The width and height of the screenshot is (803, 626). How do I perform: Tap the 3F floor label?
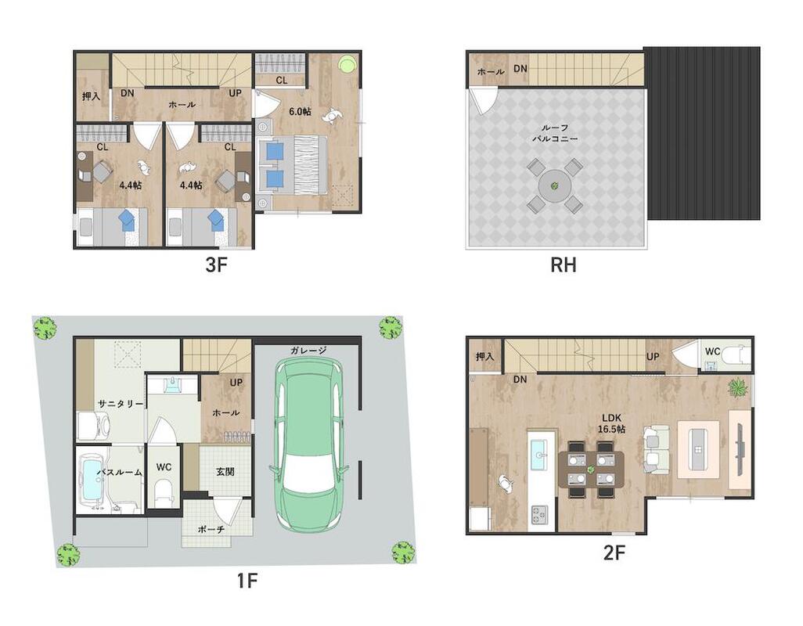215,264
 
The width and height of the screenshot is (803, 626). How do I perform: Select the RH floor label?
563,264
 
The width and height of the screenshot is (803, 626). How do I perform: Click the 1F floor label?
247,581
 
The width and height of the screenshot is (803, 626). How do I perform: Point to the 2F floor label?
614,552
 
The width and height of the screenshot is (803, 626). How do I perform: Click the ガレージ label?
308,350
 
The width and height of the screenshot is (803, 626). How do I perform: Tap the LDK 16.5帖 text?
611,423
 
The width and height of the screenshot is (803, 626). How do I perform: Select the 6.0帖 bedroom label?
300,111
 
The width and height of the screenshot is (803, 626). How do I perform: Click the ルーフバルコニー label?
555,133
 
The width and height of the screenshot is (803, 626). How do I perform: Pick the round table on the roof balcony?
555,185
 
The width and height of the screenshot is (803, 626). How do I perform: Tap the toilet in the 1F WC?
164,492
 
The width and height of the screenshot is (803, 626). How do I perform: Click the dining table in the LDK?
591,469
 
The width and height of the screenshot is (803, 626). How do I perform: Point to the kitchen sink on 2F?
540,454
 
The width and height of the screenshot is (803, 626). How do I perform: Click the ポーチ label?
211,529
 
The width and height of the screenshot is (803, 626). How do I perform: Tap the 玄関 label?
225,471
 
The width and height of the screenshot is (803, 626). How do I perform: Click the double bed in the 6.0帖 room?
291,165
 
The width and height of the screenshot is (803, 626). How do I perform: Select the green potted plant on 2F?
738,387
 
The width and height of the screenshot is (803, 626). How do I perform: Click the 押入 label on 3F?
91,95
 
